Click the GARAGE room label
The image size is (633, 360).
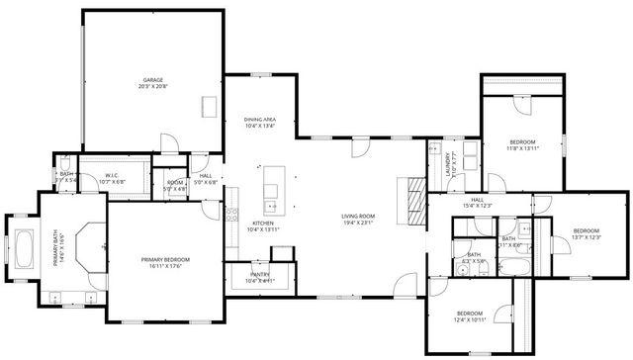click(x=151, y=80)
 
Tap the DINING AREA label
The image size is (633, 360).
click(x=259, y=119)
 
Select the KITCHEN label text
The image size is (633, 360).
click(x=262, y=224)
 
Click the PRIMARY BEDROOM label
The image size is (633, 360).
click(x=165, y=259)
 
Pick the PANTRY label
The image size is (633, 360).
click(x=260, y=274)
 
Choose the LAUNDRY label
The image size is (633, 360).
click(x=449, y=162)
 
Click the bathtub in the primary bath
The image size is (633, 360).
click(x=24, y=248)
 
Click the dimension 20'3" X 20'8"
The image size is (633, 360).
click(x=151, y=87)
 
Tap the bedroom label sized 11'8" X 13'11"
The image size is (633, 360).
click(x=522, y=142)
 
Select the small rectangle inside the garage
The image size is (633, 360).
click(x=209, y=105)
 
